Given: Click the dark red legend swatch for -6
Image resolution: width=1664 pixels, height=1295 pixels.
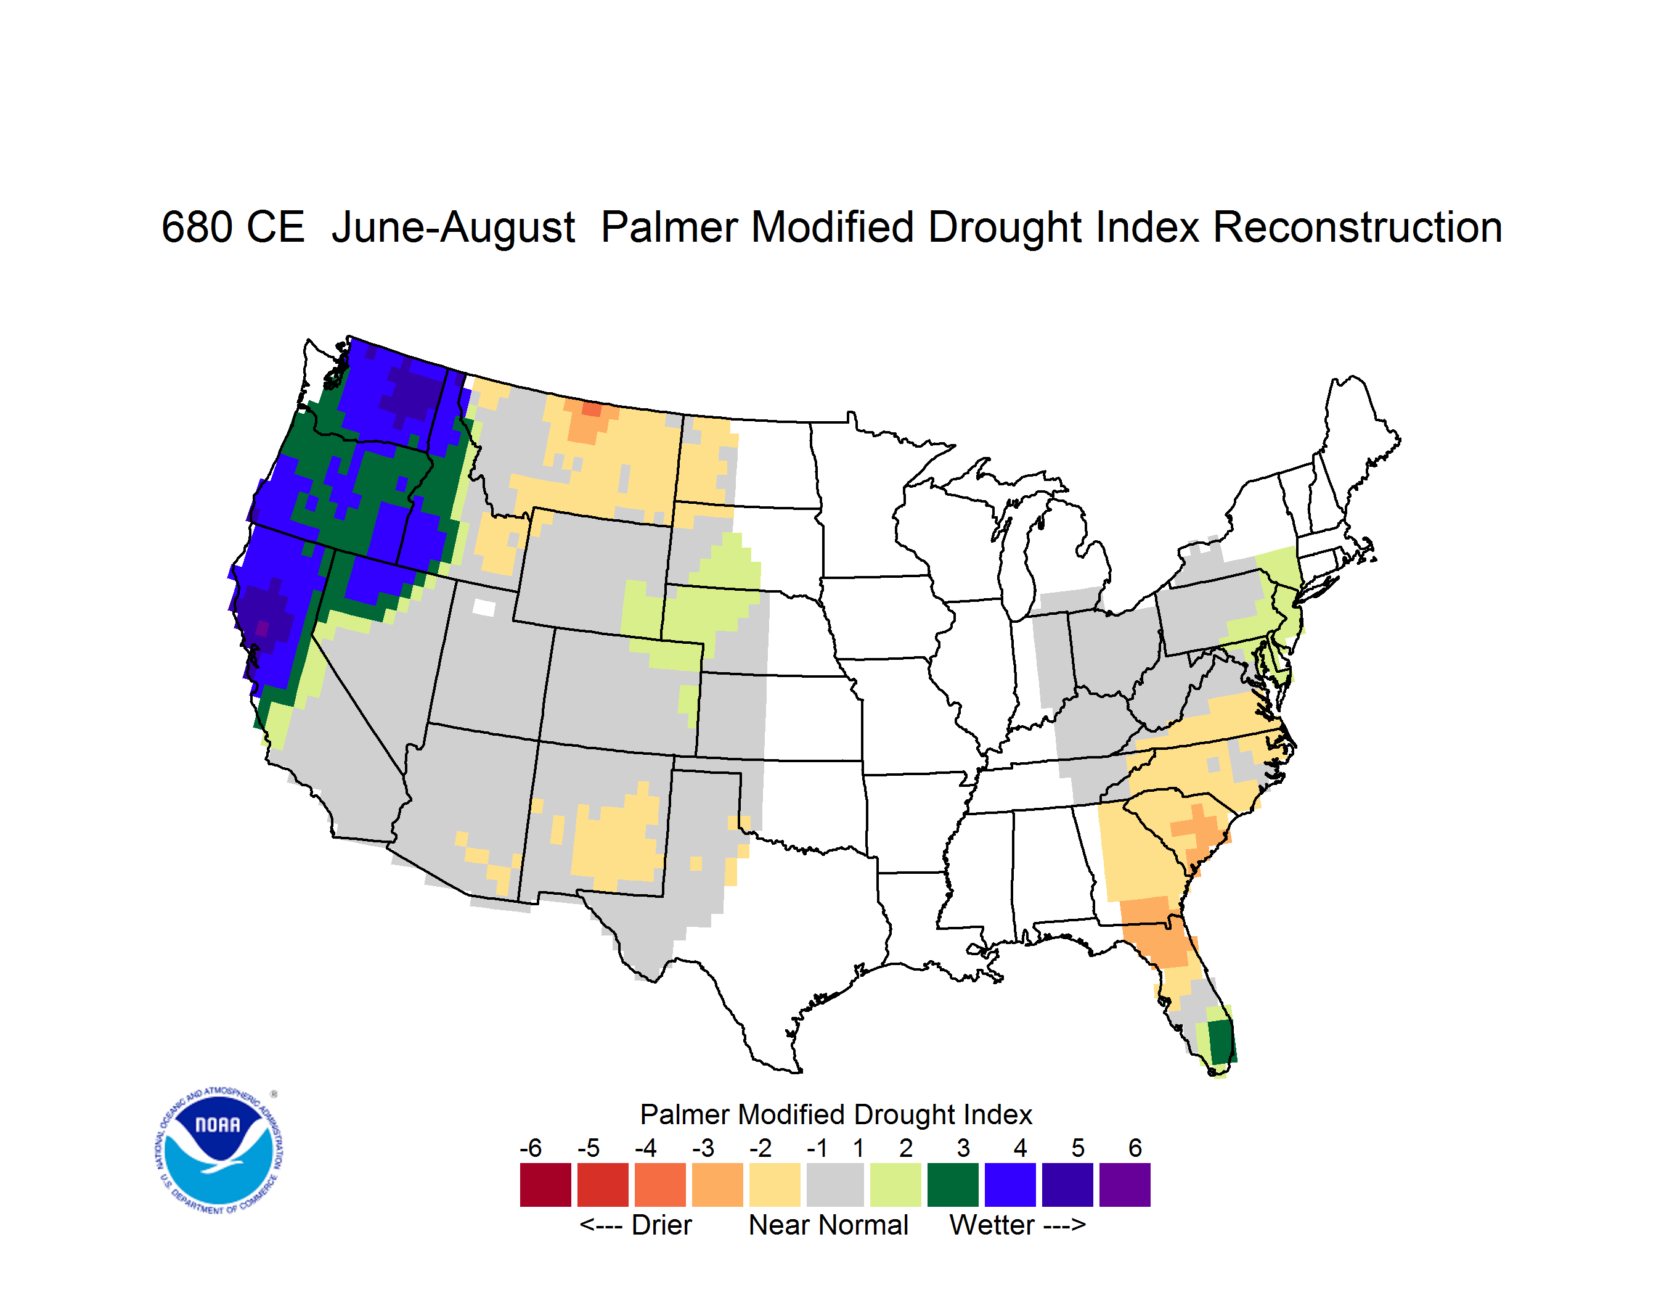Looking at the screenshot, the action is tap(545, 1185).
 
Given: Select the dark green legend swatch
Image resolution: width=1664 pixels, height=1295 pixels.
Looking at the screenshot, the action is tap(952, 1185).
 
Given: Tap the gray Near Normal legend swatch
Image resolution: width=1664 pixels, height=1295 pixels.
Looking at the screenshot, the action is tap(835, 1185).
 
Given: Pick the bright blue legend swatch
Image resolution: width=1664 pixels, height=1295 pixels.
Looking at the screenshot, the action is tap(1010, 1185).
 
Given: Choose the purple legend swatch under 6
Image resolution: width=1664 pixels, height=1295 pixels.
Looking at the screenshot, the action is tap(1125, 1185).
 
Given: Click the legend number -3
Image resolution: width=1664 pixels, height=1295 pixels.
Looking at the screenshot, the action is tap(703, 1148).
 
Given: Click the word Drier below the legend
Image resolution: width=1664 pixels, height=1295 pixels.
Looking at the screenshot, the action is tap(661, 1225).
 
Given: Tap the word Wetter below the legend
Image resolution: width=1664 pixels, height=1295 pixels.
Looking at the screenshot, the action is tap(992, 1225).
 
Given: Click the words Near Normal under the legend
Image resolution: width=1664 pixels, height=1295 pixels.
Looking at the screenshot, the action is tap(829, 1225).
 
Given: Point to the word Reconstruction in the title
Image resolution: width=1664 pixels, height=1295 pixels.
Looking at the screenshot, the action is tap(1357, 227).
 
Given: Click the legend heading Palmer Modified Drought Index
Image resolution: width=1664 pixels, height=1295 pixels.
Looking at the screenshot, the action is tap(836, 1114).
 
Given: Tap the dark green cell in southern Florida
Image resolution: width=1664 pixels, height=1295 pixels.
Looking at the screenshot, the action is tap(1220, 1041).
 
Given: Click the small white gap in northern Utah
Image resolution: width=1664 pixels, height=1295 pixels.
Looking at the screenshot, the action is tap(484, 607).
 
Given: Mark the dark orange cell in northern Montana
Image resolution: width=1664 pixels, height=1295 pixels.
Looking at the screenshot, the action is tap(591, 409).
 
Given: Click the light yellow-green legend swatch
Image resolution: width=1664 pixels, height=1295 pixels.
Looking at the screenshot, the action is tap(895, 1185).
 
